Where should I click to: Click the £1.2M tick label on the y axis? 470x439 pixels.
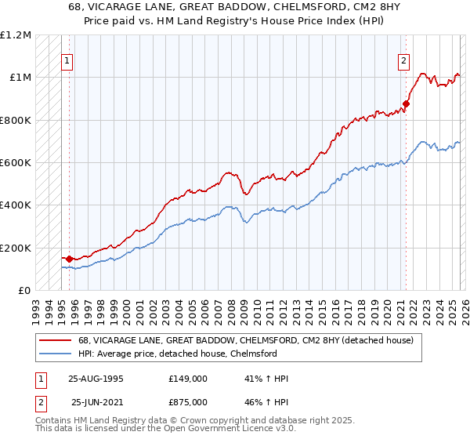(x=16, y=34)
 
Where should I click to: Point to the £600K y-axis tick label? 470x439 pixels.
(x=16, y=163)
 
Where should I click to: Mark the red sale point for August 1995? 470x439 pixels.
(x=70, y=259)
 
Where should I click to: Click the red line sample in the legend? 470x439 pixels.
(x=56, y=340)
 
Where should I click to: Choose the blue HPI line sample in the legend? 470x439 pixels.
(x=56, y=354)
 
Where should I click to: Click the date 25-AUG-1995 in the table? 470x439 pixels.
(x=96, y=379)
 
